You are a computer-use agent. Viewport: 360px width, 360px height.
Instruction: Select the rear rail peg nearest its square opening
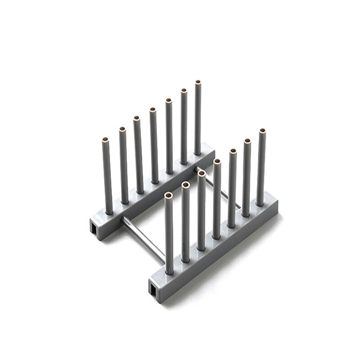[x=108, y=175]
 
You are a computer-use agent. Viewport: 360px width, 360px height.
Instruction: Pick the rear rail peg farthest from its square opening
[x=198, y=117]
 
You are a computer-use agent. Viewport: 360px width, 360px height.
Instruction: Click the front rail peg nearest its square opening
[x=169, y=234]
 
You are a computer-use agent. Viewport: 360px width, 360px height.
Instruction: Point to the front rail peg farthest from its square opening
[x=261, y=166]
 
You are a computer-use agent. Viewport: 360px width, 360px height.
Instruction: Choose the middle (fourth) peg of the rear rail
[x=153, y=144]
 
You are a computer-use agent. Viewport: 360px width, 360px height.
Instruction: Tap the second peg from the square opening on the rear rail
[x=123, y=164]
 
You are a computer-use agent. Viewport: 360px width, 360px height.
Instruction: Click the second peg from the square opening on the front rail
[x=185, y=223]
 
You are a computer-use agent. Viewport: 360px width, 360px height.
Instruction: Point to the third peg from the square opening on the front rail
[x=201, y=209]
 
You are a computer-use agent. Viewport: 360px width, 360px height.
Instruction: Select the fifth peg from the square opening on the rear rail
[x=168, y=135]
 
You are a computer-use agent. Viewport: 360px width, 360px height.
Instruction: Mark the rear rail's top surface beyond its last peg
[x=208, y=148]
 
